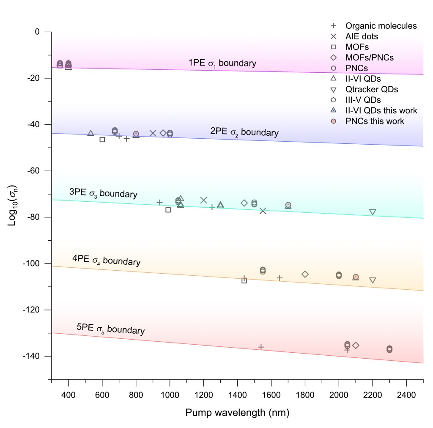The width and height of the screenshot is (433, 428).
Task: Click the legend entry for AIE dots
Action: pyautogui.click(x=362, y=36)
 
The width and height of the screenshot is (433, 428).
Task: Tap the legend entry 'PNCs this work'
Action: pyautogui.click(x=375, y=121)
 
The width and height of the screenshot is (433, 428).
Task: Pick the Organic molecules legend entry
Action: pyautogui.click(x=381, y=26)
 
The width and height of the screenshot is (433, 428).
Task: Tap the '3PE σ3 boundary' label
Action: pyautogui.click(x=103, y=193)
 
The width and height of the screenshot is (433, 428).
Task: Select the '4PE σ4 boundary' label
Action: pyautogui.click(x=106, y=261)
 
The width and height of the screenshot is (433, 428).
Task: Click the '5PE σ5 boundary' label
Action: pyautogui.click(x=110, y=329)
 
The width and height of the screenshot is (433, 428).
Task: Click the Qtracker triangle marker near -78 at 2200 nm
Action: pyautogui.click(x=373, y=212)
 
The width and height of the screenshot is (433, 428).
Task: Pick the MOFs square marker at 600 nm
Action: pyautogui.click(x=102, y=140)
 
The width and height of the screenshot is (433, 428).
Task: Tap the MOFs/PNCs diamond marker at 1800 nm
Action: pyautogui.click(x=305, y=274)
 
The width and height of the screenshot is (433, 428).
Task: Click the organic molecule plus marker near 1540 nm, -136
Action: pyautogui.click(x=261, y=347)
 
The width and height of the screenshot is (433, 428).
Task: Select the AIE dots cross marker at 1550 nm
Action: pyautogui.click(x=263, y=211)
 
